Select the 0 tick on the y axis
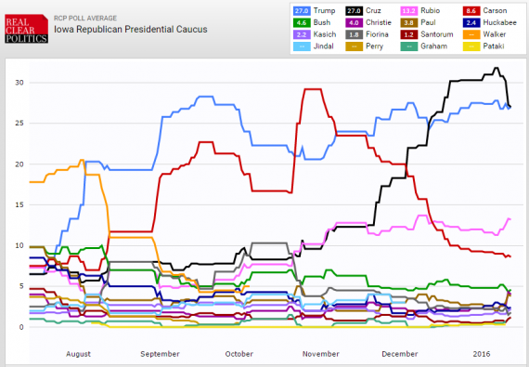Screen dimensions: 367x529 point(19,327)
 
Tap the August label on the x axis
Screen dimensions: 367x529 point(79,355)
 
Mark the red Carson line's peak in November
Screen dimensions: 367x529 point(312,89)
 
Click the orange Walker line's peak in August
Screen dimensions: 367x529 point(82,160)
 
